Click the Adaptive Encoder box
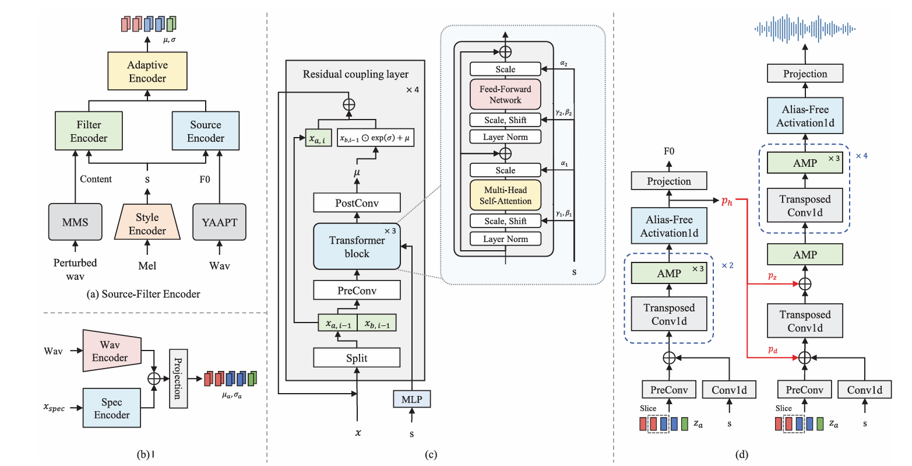tap(147, 71)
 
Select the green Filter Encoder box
tap(89, 131)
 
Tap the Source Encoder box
tap(205, 131)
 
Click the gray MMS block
tap(75, 222)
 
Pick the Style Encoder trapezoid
tap(147, 223)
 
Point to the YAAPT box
tap(219, 222)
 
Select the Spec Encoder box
tap(111, 408)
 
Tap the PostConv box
tap(357, 203)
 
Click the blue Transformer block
tap(357, 246)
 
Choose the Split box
tap(357, 358)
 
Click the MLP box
tap(412, 400)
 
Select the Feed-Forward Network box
tap(505, 94)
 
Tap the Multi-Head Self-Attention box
tap(505, 195)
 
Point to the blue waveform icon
tap(805, 27)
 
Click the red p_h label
tap(727, 201)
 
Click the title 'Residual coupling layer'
tap(355, 74)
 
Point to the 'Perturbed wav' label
tap(75, 269)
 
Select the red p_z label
tap(772, 276)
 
